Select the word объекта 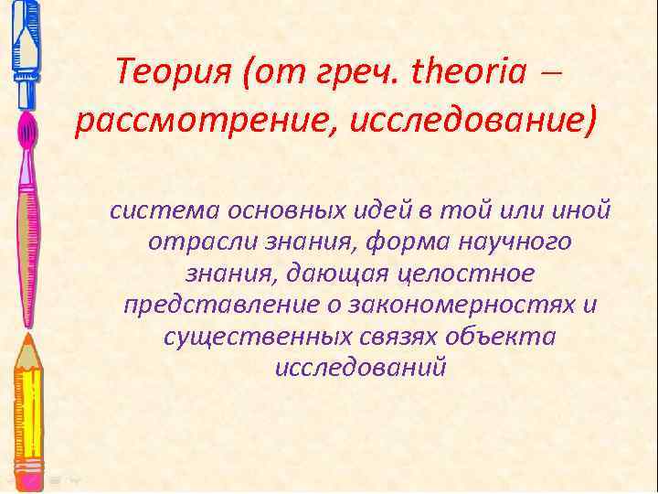[x=508, y=336]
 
